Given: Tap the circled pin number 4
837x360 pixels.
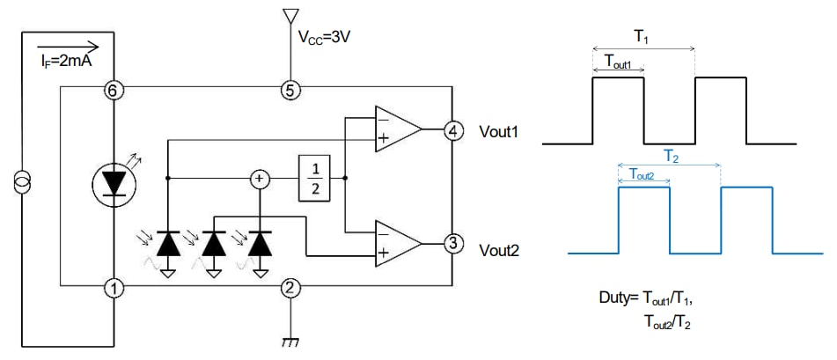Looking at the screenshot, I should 452,129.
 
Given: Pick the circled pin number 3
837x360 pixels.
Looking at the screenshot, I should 452,244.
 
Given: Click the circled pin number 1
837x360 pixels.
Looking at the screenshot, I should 114,287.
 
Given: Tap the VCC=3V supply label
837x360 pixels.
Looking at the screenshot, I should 327,40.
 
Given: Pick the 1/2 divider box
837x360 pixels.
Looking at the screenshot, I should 312,178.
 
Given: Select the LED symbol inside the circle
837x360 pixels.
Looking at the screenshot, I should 113,181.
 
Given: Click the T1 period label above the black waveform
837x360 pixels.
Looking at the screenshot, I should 642,35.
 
